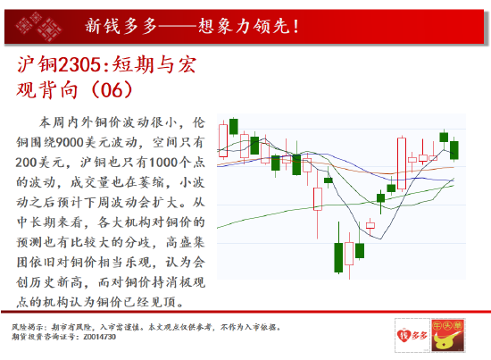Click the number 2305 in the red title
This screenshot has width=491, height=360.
pyautogui.click(x=79, y=65)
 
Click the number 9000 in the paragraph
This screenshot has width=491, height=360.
pyautogui.click(x=70, y=142)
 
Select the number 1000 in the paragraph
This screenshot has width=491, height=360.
pyautogui.click(x=163, y=163)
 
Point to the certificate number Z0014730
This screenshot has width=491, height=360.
pyautogui.click(x=100, y=337)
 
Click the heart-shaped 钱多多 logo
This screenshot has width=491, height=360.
pyautogui.click(x=412, y=335)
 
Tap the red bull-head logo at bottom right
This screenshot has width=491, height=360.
pyautogui.click(x=447, y=335)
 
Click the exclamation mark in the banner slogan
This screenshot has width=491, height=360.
pyautogui.click(x=295, y=26)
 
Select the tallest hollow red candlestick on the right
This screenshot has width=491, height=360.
pyautogui.click(x=402, y=163)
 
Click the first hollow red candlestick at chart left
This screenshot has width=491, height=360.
pyautogui.click(x=223, y=140)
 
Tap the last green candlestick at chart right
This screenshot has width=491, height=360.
pyautogui.click(x=454, y=150)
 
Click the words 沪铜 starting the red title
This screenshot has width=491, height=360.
pyautogui.click(x=37, y=65)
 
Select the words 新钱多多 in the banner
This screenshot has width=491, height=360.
pyautogui.click(x=121, y=26)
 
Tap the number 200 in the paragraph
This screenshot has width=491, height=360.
pyautogui.click(x=27, y=163)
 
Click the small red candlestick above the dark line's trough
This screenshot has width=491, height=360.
pyautogui.click(x=370, y=225)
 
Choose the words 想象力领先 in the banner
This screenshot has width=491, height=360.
pyautogui.click(x=244, y=26)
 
